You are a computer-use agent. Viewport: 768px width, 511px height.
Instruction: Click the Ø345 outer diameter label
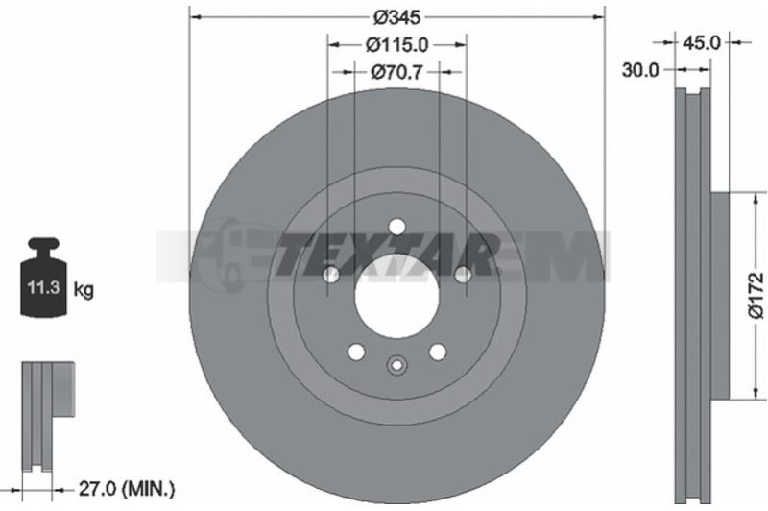396,17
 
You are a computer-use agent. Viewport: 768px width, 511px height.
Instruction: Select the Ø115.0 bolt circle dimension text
396,45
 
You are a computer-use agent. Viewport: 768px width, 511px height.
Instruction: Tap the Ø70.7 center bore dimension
396,72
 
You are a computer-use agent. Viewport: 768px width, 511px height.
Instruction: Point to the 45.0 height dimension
702,43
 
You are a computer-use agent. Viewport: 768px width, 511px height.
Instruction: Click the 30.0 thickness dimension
640,70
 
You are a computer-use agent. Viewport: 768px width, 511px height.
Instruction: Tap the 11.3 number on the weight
43,287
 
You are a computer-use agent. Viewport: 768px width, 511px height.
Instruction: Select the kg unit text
84,289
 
